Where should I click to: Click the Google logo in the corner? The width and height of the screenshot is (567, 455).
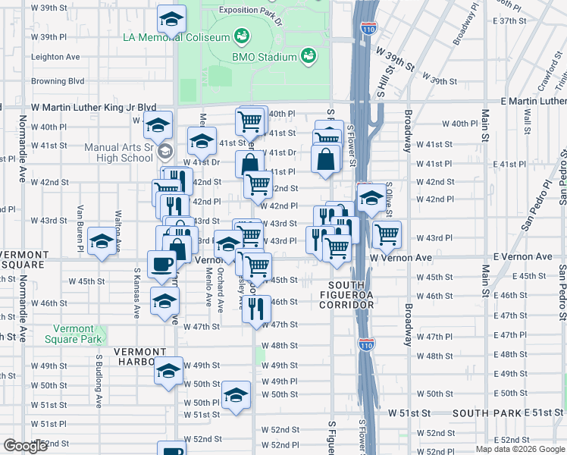25,446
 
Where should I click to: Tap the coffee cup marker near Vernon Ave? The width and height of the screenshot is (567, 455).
161,264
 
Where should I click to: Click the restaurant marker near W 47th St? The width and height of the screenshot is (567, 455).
256,308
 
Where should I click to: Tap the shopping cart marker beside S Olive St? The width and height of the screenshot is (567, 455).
387,234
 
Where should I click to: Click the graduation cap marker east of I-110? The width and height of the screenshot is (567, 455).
371,198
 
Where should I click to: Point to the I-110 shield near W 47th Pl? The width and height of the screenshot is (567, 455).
365,344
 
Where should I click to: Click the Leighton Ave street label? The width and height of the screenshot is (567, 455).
55,57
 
